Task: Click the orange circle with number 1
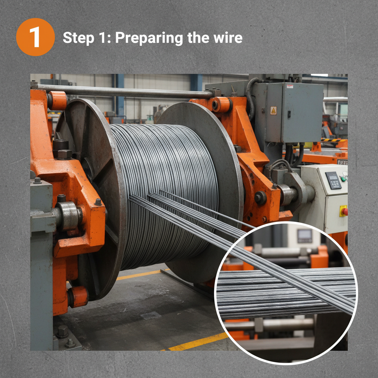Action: [35, 37]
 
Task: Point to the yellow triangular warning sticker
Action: [273, 110]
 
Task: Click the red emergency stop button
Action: [345, 211]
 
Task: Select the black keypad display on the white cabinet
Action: [333, 180]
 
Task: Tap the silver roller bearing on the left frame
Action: [67, 216]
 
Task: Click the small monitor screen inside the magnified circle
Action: [305, 236]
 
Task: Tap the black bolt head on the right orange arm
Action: [260, 198]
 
